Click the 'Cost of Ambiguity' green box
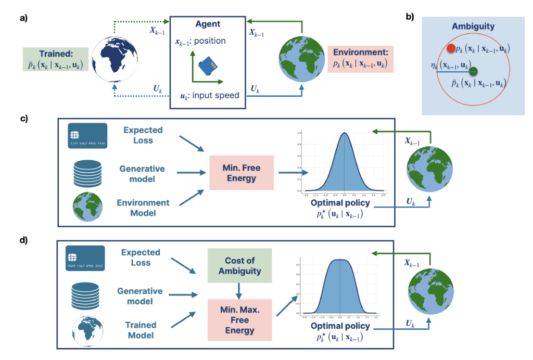click(x=239, y=265)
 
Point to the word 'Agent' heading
click(x=208, y=24)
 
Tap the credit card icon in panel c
click(x=87, y=136)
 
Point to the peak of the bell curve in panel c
click(x=344, y=133)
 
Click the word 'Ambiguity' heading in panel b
click(x=473, y=27)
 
